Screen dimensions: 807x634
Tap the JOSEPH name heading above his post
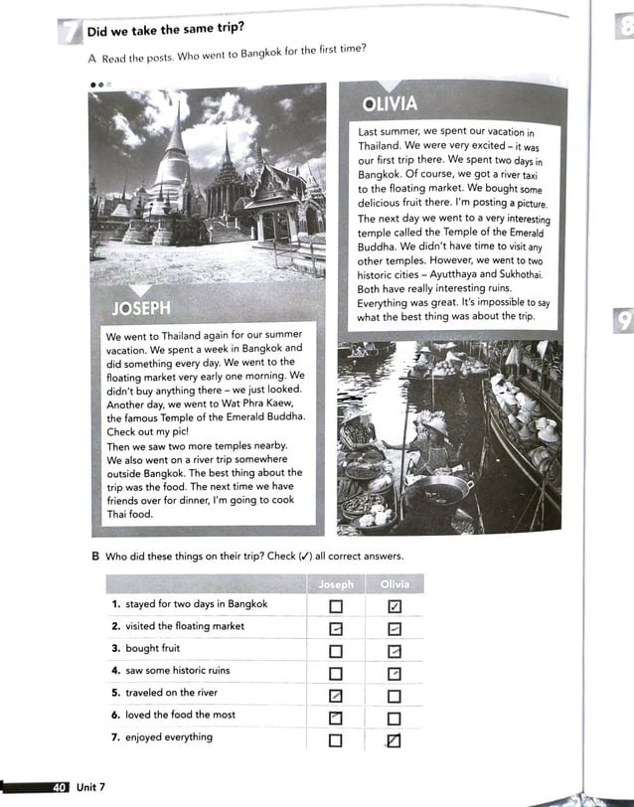click(140, 309)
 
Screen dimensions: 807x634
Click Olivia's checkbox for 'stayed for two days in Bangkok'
click(394, 605)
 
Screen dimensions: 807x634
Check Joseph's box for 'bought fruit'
click(336, 651)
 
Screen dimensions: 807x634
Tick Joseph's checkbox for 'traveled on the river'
click(336, 696)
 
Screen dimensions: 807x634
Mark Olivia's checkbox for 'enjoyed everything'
click(394, 740)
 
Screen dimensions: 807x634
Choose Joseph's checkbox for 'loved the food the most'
click(336, 718)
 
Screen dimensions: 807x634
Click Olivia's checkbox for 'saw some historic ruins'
click(394, 674)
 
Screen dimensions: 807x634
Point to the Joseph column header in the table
click(336, 584)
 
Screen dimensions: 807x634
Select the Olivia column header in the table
click(395, 584)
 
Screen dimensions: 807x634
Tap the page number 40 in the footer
click(59, 787)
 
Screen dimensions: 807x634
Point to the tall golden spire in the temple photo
click(177, 149)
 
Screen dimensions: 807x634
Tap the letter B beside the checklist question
click(95, 555)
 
